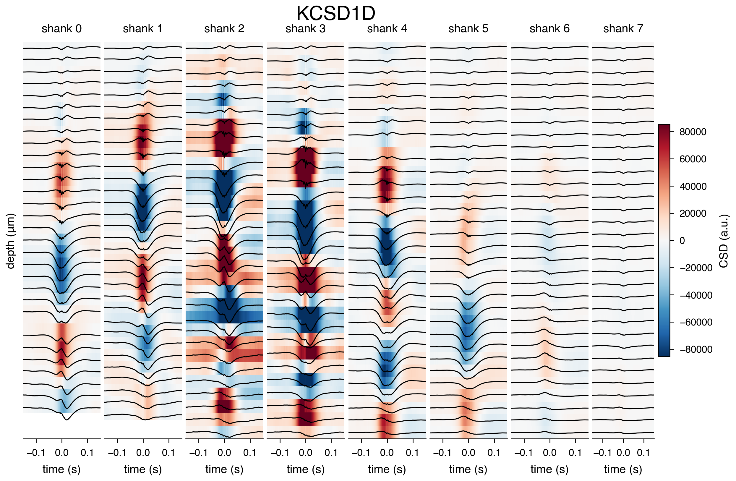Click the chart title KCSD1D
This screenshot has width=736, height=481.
click(336, 13)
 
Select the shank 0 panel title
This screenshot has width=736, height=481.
click(61, 28)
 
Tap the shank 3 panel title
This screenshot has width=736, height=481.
click(306, 28)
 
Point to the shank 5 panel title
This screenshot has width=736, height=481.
click(468, 28)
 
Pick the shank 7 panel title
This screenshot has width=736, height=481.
click(623, 28)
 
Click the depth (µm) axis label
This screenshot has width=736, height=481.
click(11, 241)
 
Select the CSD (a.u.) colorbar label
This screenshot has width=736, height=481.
click(724, 241)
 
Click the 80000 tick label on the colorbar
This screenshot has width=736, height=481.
click(693, 132)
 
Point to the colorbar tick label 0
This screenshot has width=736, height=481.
click(682, 240)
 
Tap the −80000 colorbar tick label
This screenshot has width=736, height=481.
click(696, 349)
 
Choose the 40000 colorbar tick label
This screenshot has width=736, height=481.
click(693, 186)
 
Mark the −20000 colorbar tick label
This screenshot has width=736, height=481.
click(696, 268)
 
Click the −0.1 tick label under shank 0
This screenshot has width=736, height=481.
click(36, 453)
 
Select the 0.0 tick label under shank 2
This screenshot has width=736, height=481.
click(224, 453)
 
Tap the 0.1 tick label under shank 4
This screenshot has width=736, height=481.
click(413, 453)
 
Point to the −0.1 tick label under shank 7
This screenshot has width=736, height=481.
click(603, 453)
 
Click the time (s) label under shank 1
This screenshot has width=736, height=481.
click(143, 469)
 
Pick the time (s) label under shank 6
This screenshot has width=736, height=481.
click(549, 469)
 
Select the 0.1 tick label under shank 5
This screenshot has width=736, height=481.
click(494, 453)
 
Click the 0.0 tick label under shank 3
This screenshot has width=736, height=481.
click(306, 453)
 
